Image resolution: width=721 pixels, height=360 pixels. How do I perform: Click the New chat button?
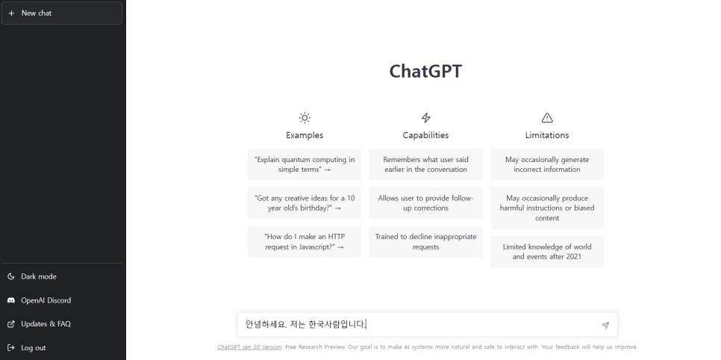coord(61,13)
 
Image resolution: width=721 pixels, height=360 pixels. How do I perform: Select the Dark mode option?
coord(38,276)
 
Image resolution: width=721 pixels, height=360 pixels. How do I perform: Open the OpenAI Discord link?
coord(46,300)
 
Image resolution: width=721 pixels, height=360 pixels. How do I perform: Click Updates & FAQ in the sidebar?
coord(46,324)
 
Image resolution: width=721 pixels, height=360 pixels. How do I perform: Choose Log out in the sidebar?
coord(33,348)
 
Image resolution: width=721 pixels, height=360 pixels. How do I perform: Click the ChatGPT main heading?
coord(425,72)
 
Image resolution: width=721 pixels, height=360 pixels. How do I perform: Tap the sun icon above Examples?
coord(305,117)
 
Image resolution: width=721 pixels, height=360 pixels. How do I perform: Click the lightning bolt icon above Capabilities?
coord(425,117)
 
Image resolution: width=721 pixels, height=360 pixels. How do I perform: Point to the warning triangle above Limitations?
coord(547,117)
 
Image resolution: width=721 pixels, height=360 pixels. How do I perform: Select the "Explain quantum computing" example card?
coord(305,164)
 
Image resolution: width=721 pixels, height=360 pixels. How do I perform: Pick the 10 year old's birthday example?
coord(305,203)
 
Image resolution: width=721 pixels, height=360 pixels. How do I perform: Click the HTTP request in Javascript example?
coord(305,241)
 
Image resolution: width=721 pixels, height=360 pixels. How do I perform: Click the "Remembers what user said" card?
coord(425,164)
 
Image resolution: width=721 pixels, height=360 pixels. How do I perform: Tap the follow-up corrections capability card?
coord(425,203)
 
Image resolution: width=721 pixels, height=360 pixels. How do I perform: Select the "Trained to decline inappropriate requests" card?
coord(425,241)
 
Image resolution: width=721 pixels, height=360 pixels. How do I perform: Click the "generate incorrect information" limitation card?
coord(547,164)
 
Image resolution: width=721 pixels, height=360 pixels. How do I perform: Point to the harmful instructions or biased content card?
coord(547,208)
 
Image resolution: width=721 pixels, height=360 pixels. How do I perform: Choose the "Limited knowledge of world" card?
coord(547,252)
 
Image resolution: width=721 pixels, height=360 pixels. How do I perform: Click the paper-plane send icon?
coord(605,325)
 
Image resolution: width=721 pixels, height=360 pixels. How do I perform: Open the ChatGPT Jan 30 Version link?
coord(249,347)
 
